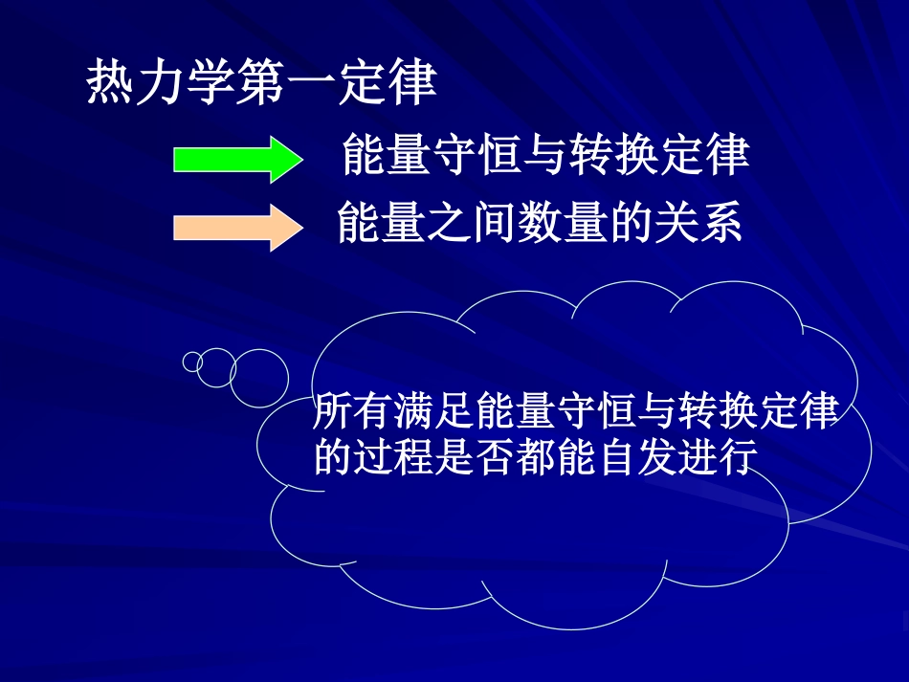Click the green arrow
[x=236, y=158]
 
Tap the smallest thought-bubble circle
[x=192, y=362]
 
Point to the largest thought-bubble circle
[x=259, y=375]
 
